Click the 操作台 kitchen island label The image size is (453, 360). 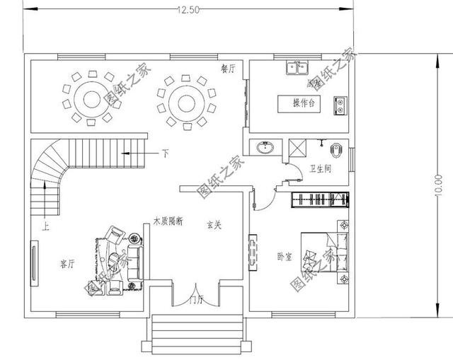pos(304,103)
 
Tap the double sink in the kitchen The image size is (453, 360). pos(297,69)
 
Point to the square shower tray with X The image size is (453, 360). pos(297,147)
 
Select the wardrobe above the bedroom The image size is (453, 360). pos(319,199)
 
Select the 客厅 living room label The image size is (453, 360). pos(67,264)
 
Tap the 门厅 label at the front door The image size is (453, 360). pos(196,301)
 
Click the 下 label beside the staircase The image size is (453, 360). pos(165,152)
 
